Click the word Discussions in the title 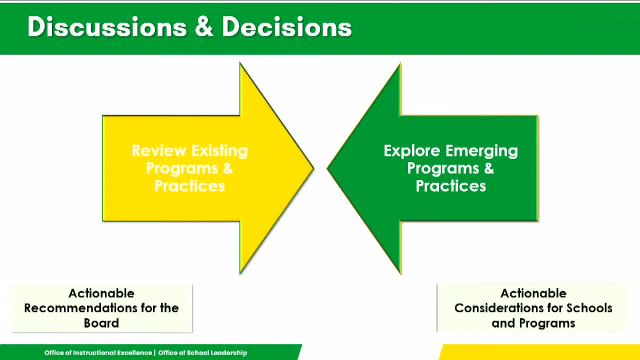pyautogui.click(x=107, y=27)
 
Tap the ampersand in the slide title pyautogui.click(x=204, y=26)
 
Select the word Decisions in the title pyautogui.click(x=287, y=27)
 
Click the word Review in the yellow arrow pyautogui.click(x=159, y=150)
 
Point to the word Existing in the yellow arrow pyautogui.click(x=219, y=151)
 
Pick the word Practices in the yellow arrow pyautogui.click(x=189, y=186)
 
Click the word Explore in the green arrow pyautogui.click(x=411, y=151)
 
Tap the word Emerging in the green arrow pyautogui.click(x=481, y=151)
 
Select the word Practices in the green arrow pyautogui.click(x=451, y=186)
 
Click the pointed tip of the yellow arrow pyautogui.click(x=313, y=168)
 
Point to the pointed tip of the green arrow pyautogui.click(x=327, y=168)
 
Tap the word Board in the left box pyautogui.click(x=101, y=323)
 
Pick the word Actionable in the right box pyautogui.click(x=533, y=293)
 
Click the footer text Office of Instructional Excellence pyautogui.click(x=98, y=352)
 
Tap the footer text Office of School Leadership pyautogui.click(x=202, y=353)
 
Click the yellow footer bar pyautogui.click(x=540, y=352)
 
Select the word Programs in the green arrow pyautogui.click(x=443, y=168)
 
